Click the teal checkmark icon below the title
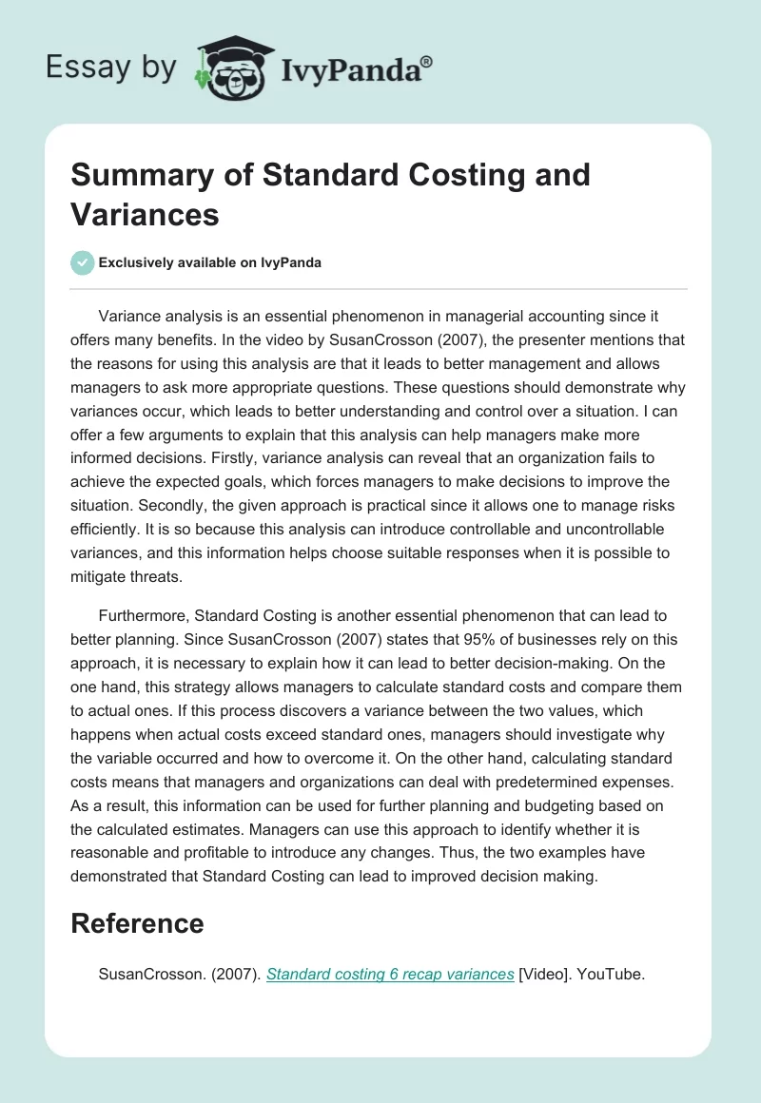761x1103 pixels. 83,262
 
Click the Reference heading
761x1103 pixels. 137,922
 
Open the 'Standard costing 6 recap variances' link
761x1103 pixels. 390,973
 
